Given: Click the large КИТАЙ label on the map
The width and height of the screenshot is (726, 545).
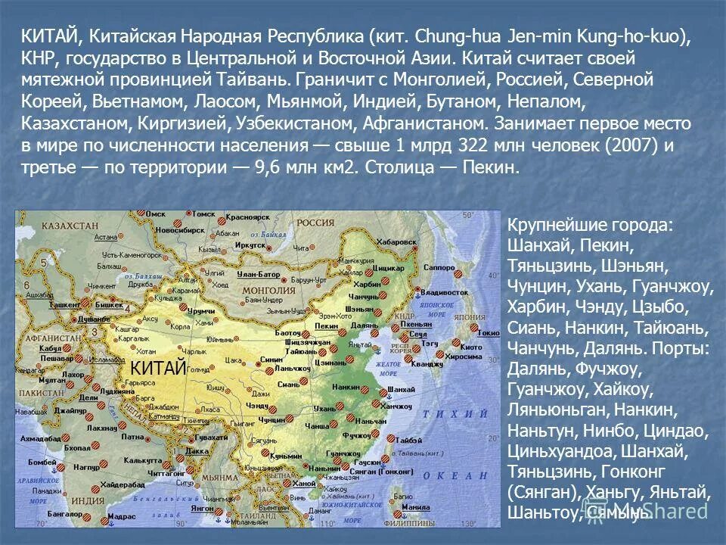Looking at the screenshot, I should tap(158, 368).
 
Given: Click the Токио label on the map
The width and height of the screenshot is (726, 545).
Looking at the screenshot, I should tap(489, 332).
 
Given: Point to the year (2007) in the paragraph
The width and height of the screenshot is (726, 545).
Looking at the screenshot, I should tap(625, 145).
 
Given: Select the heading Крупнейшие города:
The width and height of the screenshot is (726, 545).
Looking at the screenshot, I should tap(590, 226).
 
